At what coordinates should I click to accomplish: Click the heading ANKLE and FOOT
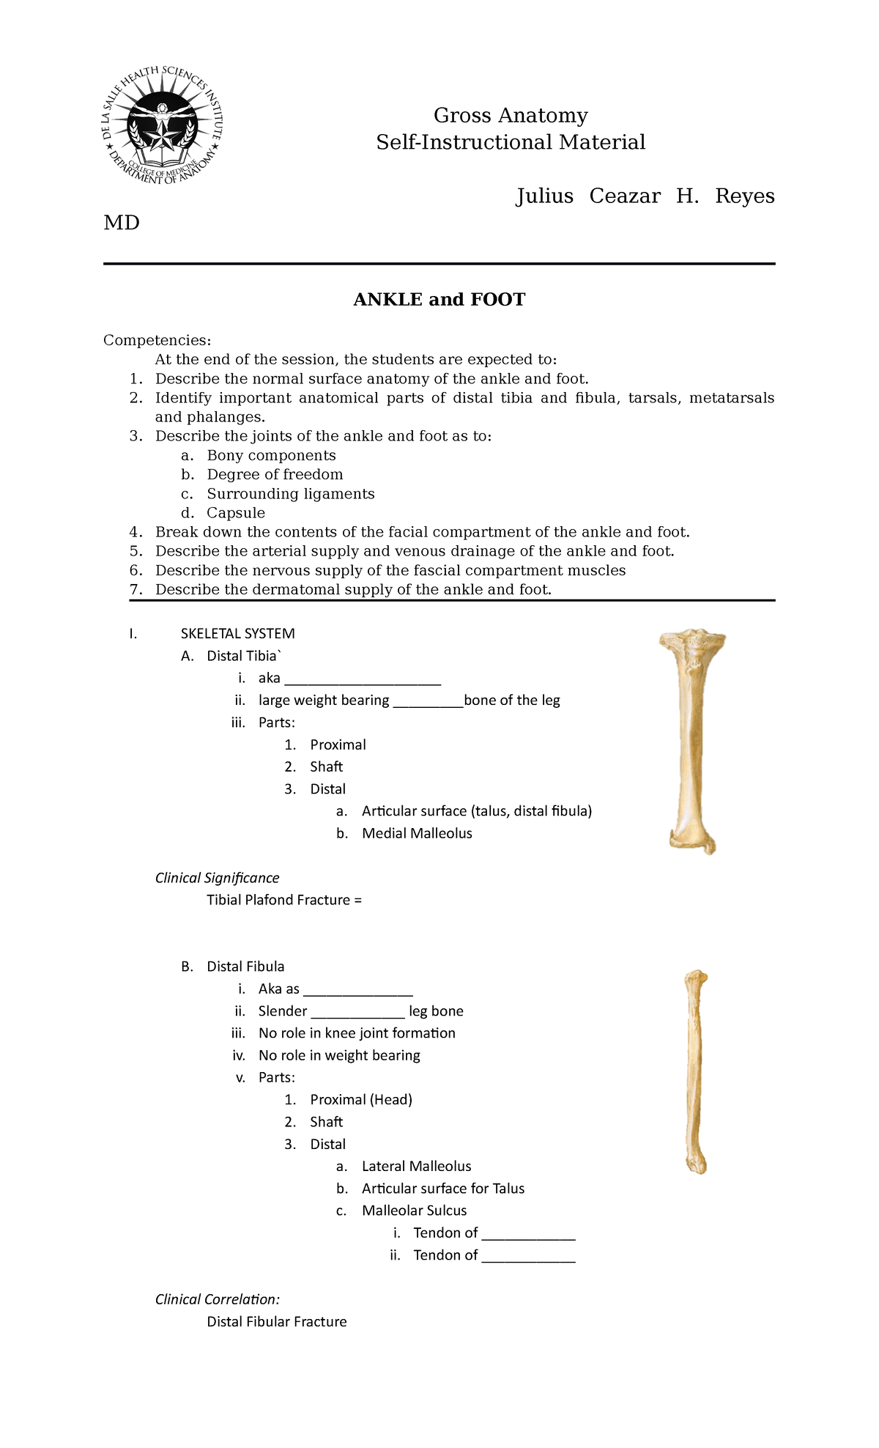439,300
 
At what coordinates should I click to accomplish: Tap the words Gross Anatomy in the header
511,116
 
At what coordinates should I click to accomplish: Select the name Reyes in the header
744,196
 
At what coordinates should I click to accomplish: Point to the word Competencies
157,340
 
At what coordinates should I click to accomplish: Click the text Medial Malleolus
417,833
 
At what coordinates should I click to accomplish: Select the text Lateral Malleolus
416,1166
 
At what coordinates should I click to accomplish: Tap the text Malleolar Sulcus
414,1211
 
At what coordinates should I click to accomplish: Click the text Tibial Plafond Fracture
279,900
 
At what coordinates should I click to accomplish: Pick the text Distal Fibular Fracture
276,1321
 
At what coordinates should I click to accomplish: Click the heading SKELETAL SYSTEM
237,633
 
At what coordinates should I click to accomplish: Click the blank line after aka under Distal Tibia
362,679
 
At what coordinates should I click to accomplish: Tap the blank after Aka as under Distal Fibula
357,990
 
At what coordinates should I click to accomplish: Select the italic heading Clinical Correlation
217,1299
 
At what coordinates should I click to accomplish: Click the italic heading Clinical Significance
217,878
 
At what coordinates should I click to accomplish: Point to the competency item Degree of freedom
275,474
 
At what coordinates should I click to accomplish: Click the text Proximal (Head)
361,1099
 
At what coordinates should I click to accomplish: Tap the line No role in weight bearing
339,1055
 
